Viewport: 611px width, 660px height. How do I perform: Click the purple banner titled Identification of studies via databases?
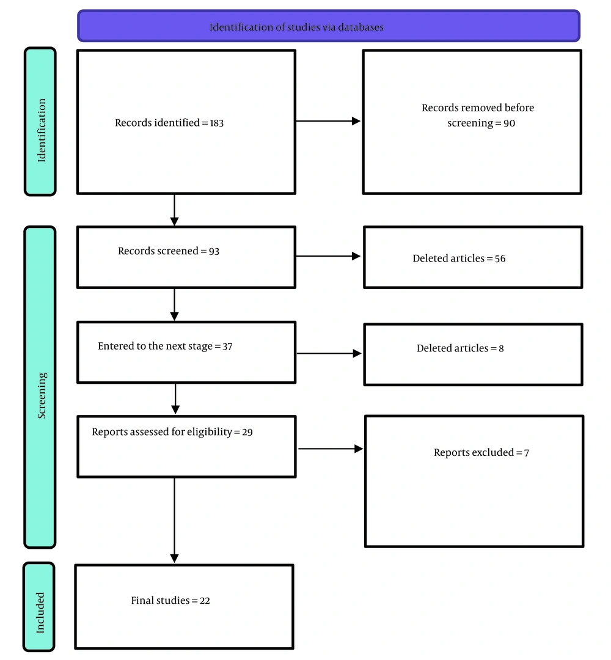[x=329, y=26]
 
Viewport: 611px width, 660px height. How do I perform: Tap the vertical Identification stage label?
[x=40, y=122]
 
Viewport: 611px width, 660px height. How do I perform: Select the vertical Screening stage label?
[x=40, y=387]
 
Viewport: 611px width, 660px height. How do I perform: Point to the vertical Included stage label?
[x=39, y=607]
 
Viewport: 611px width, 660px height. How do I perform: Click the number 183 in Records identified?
[x=217, y=123]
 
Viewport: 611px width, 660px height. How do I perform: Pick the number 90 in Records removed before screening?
[x=509, y=123]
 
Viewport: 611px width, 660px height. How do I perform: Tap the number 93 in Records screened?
[x=214, y=251]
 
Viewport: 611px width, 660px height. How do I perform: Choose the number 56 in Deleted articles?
[x=500, y=258]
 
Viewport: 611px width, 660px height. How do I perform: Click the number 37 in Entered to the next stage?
[x=227, y=346]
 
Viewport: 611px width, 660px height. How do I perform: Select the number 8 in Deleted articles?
[x=501, y=348]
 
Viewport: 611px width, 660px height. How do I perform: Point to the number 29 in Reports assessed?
[x=247, y=432]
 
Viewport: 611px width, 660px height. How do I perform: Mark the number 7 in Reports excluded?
[x=527, y=453]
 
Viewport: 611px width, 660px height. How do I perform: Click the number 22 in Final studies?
[x=205, y=601]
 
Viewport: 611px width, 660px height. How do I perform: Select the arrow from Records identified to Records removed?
[x=328, y=121]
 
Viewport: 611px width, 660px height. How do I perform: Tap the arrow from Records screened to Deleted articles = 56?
[x=328, y=256]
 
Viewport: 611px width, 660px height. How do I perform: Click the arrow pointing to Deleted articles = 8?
[x=329, y=354]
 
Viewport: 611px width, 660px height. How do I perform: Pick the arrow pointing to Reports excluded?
[x=331, y=449]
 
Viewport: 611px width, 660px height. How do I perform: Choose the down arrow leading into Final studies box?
[x=175, y=520]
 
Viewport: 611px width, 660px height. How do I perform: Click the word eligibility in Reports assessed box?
[x=210, y=432]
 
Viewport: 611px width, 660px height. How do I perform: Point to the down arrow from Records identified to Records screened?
[x=175, y=210]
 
